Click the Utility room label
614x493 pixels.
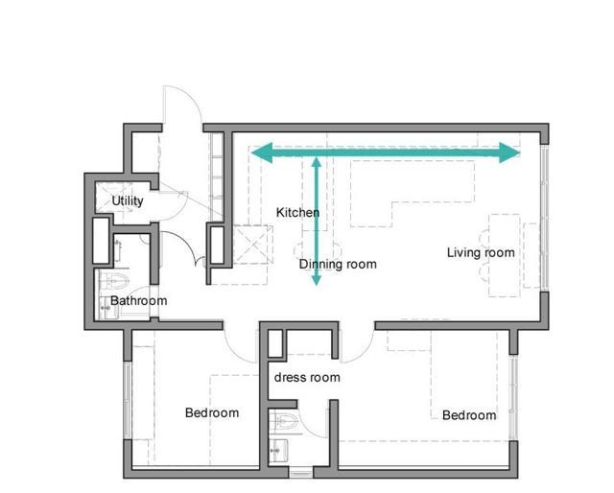(128, 200)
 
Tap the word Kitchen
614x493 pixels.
(297, 213)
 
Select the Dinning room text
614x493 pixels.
(338, 264)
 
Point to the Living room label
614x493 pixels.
(481, 252)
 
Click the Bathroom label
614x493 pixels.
(138, 301)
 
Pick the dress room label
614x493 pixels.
(307, 378)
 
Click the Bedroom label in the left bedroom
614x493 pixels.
(212, 412)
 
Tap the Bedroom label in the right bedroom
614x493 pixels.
(469, 415)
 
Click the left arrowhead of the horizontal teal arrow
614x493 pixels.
(262, 153)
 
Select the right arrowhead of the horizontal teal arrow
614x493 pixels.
(509, 153)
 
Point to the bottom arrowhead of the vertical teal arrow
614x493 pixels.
(317, 280)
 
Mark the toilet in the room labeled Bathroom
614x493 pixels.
(113, 280)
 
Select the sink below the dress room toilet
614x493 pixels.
(279, 450)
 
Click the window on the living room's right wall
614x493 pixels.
(544, 218)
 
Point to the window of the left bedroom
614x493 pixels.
(128, 400)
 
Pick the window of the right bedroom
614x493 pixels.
(513, 397)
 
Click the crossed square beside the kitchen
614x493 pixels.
(253, 245)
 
